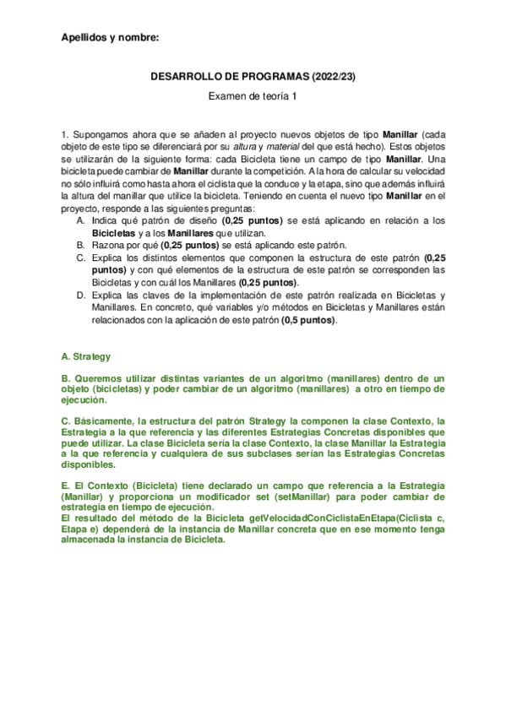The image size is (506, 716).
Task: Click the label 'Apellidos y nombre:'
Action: [110, 37]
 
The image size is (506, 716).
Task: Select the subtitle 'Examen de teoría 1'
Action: [253, 98]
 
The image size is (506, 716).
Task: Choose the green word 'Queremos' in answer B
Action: [99, 380]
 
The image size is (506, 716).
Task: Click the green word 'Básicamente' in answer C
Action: [106, 420]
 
